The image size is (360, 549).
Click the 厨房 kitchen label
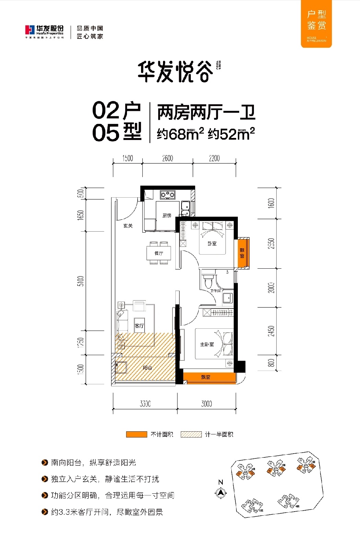pyautogui.click(x=167, y=215)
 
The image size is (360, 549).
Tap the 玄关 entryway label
pyautogui.click(x=128, y=226)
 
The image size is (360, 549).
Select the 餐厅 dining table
pyautogui.click(x=159, y=253)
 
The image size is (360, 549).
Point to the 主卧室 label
pyautogui.click(x=207, y=344)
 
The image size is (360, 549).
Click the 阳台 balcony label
pyautogui.click(x=148, y=367)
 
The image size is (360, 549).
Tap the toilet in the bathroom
pyautogui.click(x=208, y=281)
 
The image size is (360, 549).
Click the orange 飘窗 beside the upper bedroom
pyautogui.click(x=242, y=253)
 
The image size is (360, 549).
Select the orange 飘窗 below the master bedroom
pyautogui.click(x=206, y=377)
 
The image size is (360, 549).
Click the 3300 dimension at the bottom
pyautogui.click(x=145, y=404)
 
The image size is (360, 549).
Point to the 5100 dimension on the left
pyautogui.click(x=81, y=281)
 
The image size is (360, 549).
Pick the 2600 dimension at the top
pyautogui.click(x=167, y=158)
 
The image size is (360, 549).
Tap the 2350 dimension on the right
pyautogui.click(x=271, y=243)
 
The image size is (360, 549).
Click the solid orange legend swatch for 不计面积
pyautogui.click(x=137, y=434)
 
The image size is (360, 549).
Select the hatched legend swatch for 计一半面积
pyautogui.click(x=191, y=434)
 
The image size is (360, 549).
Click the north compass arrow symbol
pyautogui.click(x=221, y=493)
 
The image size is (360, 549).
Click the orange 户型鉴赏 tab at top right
pyautogui.click(x=316, y=23)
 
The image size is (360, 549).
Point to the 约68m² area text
pyautogui.click(x=180, y=134)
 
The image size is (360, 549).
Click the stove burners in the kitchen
pyautogui.click(x=167, y=195)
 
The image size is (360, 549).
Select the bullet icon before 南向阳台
pyautogui.click(x=45, y=463)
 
